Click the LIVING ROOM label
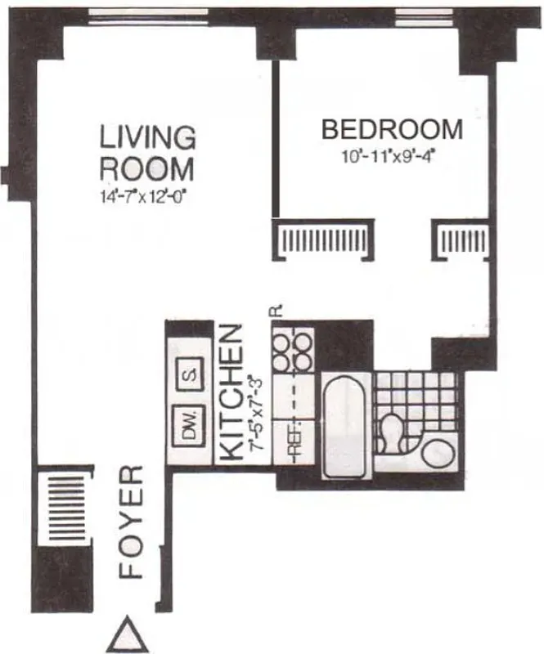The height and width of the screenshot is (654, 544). point(147,152)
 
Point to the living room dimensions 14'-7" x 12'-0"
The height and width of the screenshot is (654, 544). point(147,195)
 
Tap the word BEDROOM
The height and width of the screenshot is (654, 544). point(392,130)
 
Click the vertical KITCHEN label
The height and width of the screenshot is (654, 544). point(232,392)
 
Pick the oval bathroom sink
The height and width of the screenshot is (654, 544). point(438,452)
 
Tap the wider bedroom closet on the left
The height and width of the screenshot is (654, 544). point(326,240)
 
